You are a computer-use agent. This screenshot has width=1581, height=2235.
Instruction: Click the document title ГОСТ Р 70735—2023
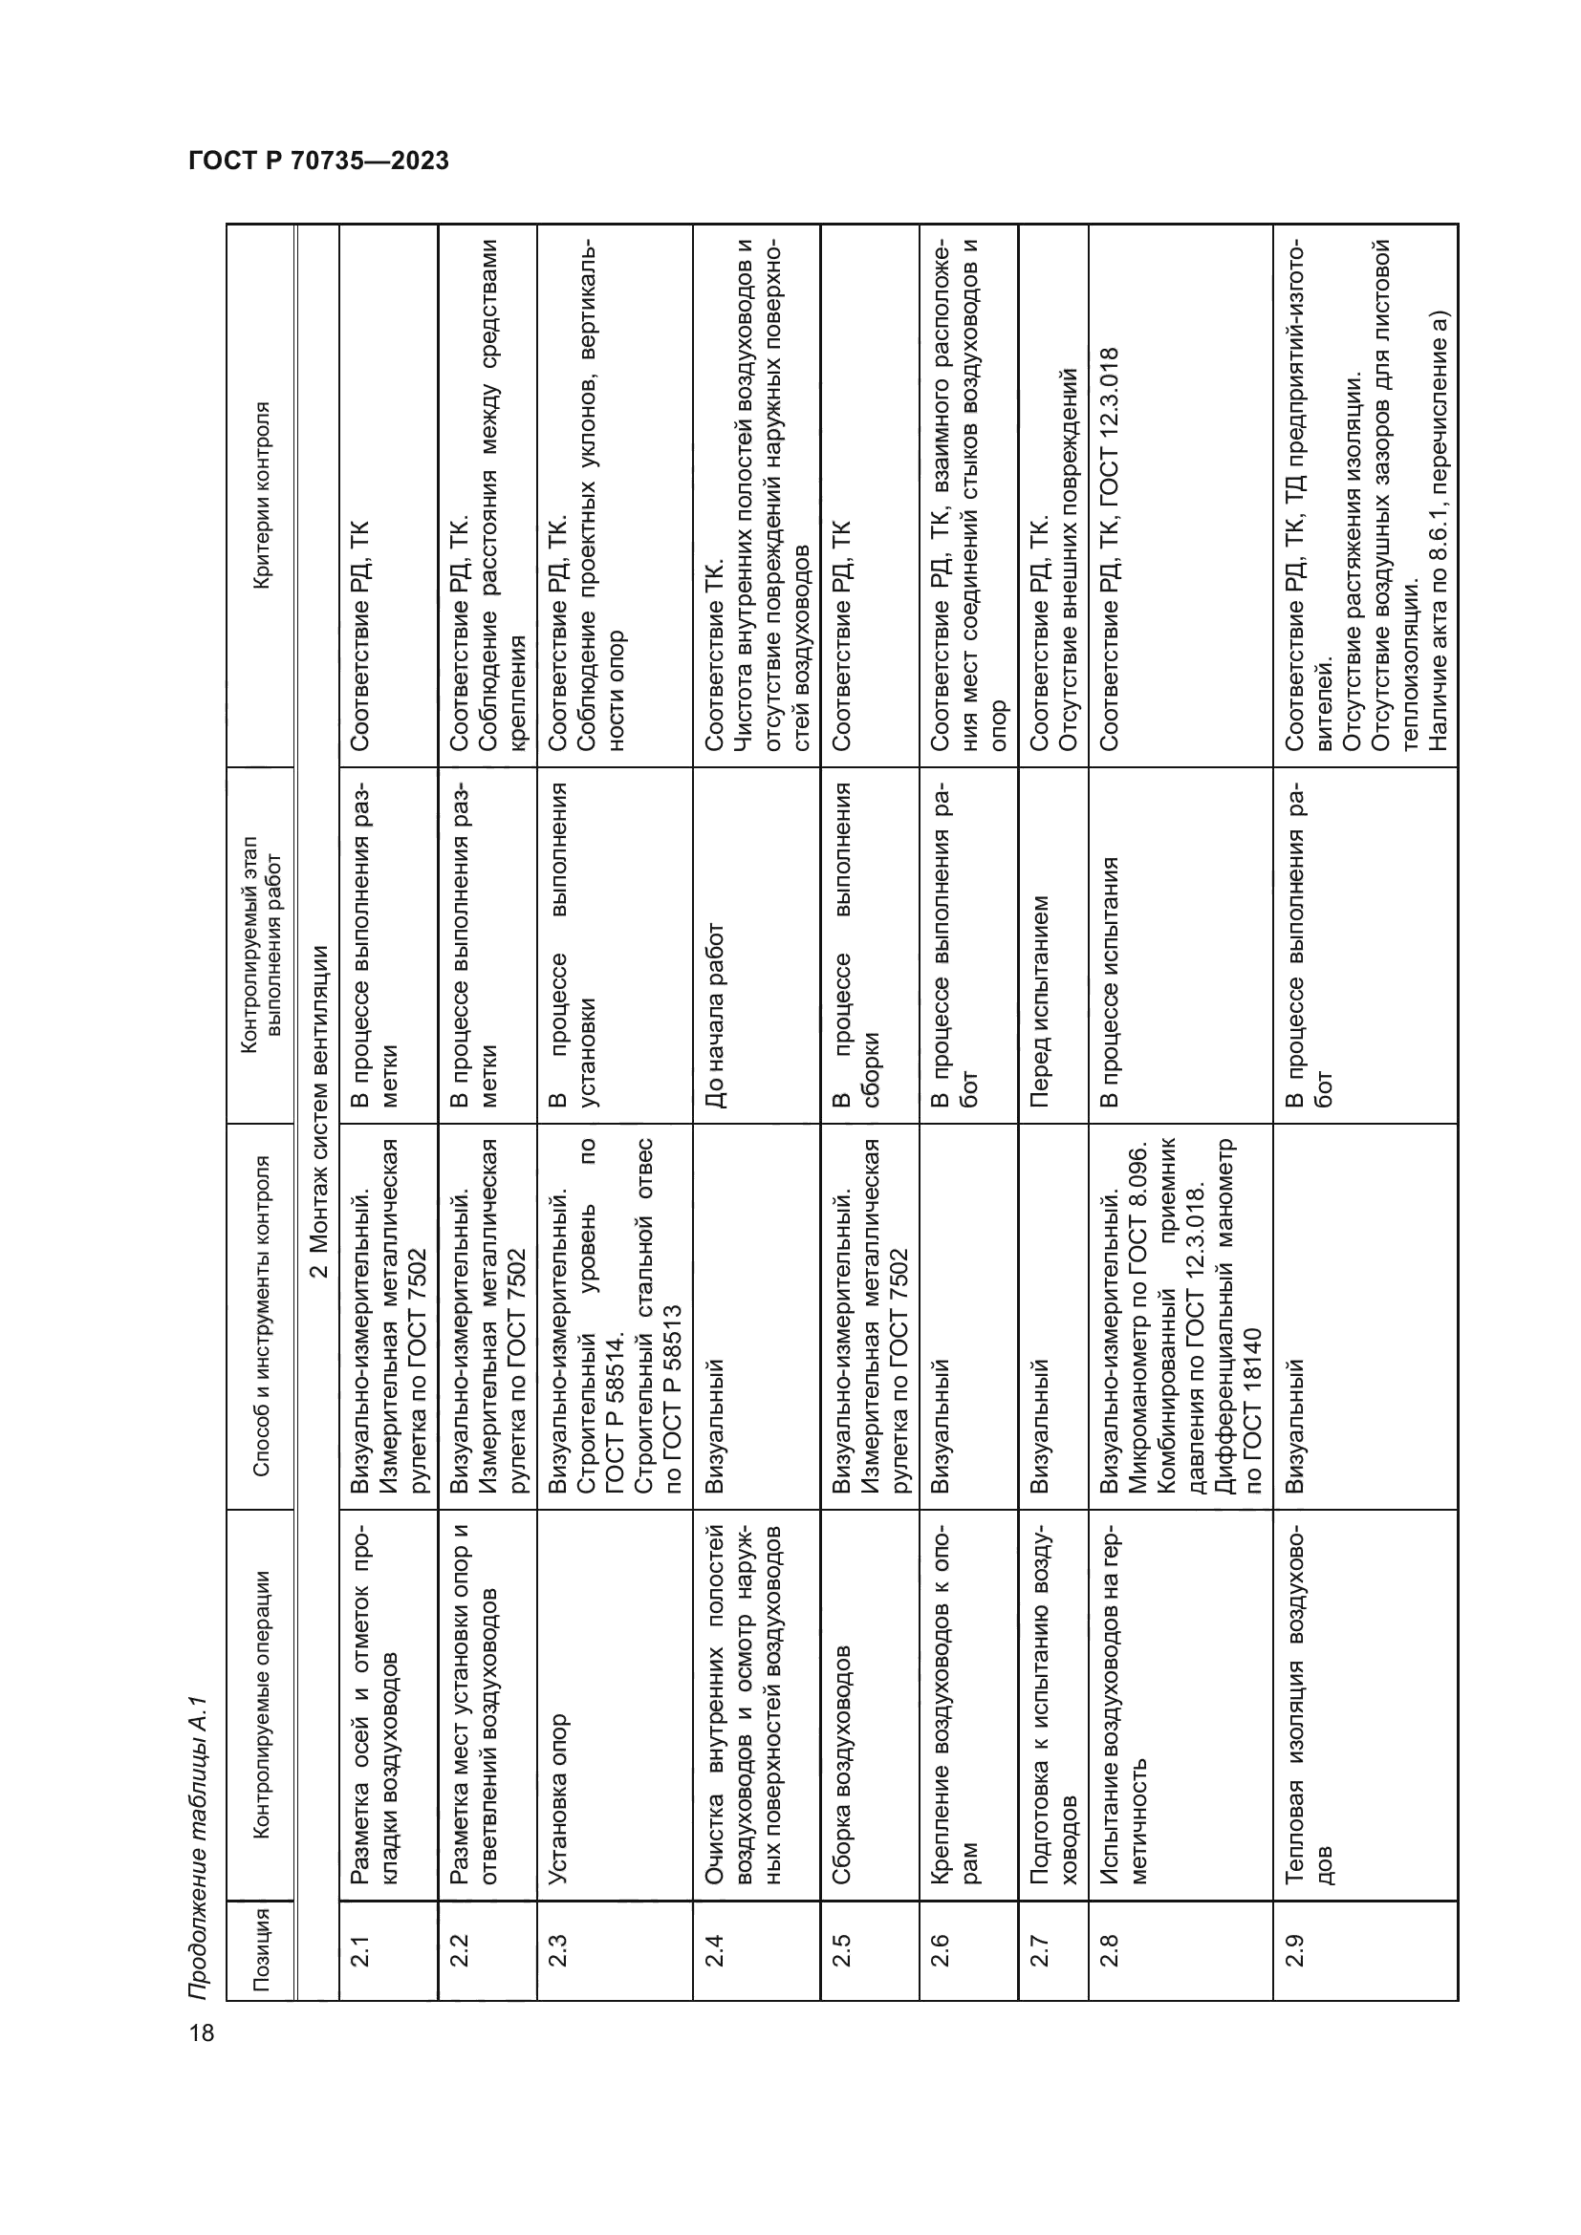tap(318, 161)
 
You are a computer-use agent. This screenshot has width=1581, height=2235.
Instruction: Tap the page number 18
tap(202, 2031)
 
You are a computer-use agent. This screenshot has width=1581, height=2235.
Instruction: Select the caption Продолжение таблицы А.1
tap(199, 1838)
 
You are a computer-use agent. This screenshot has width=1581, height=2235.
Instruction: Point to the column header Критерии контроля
tap(260, 496)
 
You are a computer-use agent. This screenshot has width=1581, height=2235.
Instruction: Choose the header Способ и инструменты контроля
tap(260, 1315)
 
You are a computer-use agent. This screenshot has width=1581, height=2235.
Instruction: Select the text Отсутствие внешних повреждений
tap(1068, 559)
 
